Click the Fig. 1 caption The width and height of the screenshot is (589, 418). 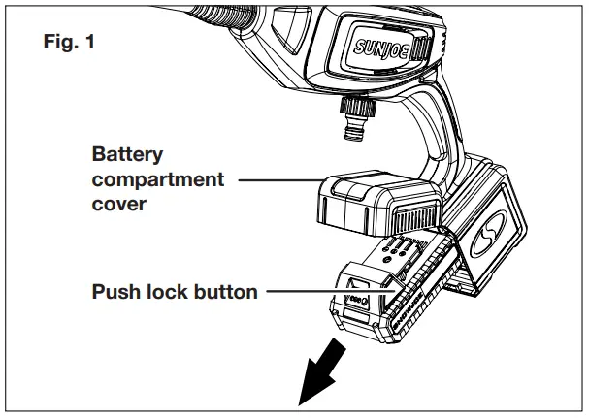(x=71, y=45)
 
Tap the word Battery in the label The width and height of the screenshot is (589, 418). (x=127, y=154)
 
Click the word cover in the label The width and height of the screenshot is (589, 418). (x=118, y=205)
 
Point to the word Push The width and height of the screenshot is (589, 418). (x=116, y=291)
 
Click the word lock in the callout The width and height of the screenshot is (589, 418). (x=170, y=291)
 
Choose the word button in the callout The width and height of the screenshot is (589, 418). (x=228, y=291)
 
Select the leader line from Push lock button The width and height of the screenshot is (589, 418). (x=311, y=290)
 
